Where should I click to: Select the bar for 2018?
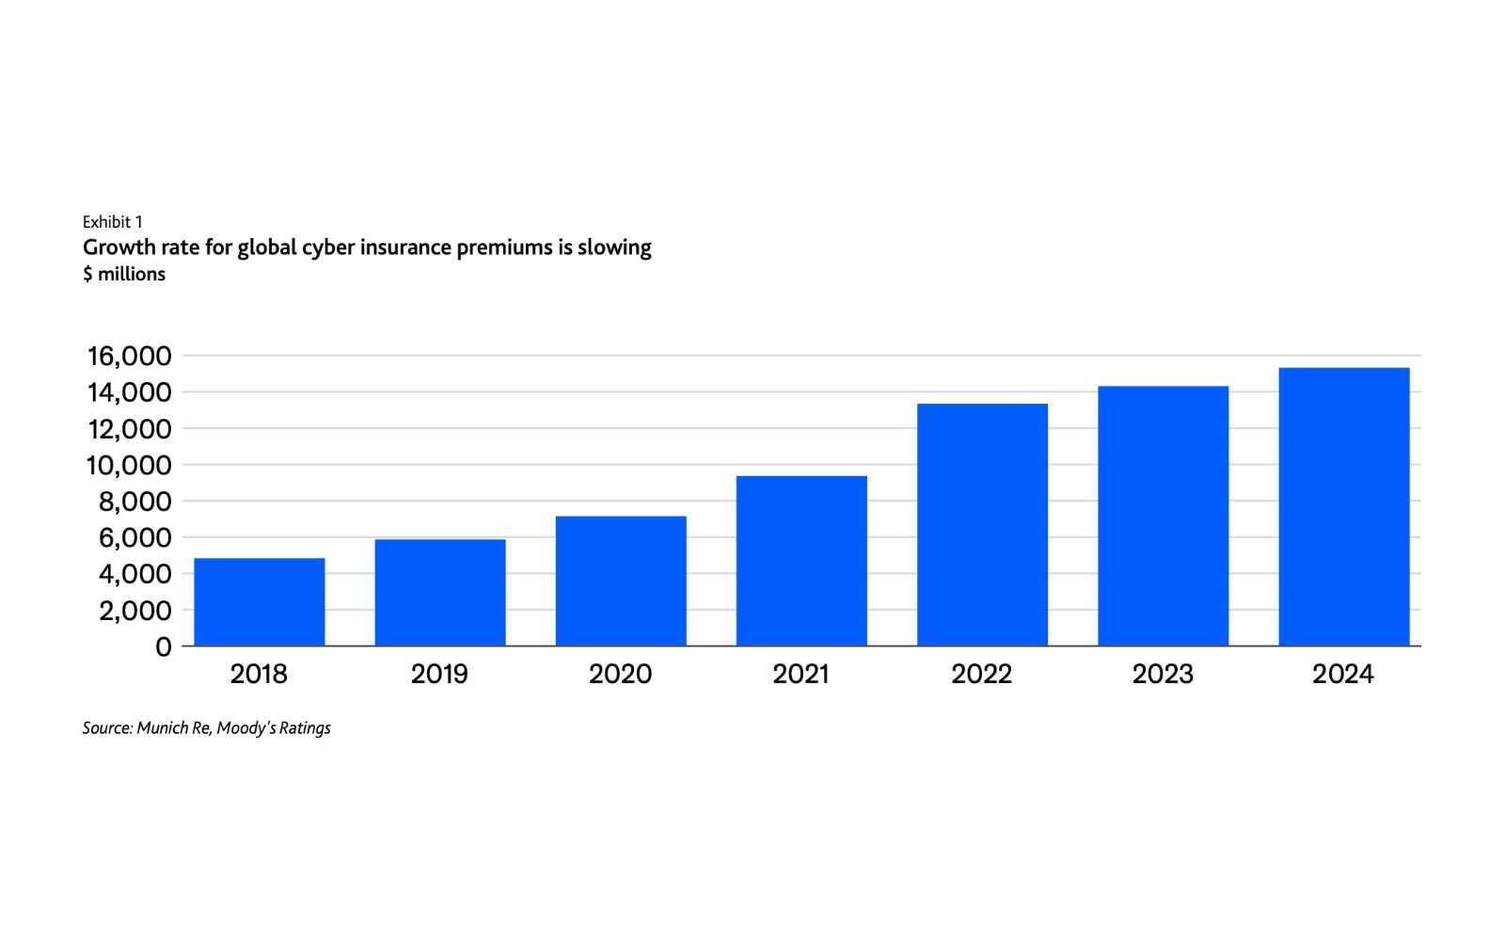click(x=259, y=602)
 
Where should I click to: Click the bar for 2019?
click(x=439, y=593)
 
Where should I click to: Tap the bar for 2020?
click(x=621, y=581)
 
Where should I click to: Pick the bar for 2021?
click(x=801, y=561)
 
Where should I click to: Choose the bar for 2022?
click(x=982, y=525)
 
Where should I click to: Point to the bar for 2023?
click(x=1163, y=516)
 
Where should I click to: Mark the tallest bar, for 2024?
click(x=1343, y=506)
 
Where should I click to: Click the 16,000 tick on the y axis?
click(x=130, y=356)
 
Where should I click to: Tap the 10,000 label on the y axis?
click(x=130, y=465)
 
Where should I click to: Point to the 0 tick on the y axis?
click(x=164, y=646)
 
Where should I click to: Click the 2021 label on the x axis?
click(x=800, y=674)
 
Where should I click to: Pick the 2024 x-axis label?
click(x=1342, y=674)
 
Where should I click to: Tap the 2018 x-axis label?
click(x=259, y=674)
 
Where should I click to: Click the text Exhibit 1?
click(x=112, y=222)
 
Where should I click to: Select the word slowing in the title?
click(x=614, y=247)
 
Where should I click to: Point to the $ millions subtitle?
click(x=124, y=274)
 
